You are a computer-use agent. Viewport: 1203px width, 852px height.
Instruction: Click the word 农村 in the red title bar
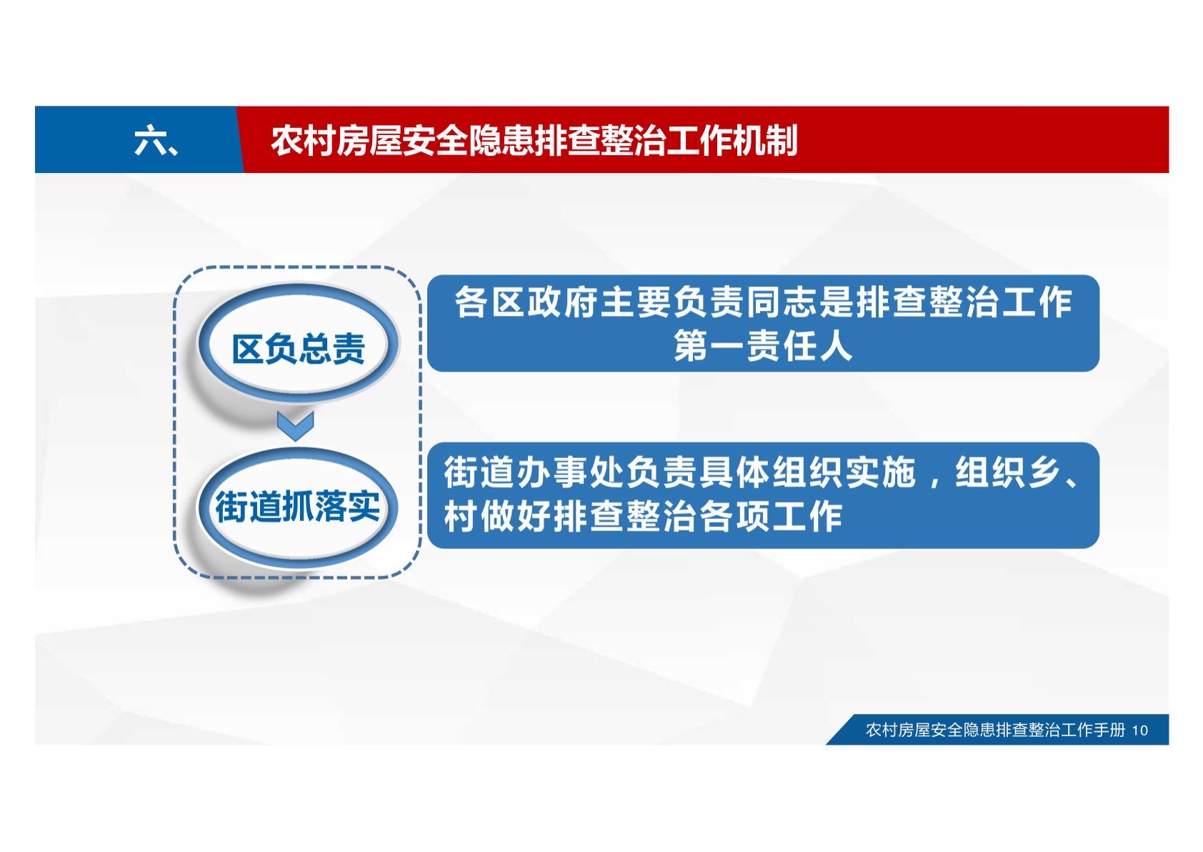click(x=304, y=141)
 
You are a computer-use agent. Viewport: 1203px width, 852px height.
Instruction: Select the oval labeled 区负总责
click(x=297, y=345)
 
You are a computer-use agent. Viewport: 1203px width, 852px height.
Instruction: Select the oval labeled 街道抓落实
click(x=297, y=507)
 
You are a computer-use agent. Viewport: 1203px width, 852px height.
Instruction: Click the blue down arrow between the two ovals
click(x=296, y=426)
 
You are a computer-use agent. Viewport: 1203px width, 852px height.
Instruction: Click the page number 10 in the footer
click(x=1139, y=730)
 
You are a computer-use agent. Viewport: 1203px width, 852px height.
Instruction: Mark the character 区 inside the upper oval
click(x=248, y=350)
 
